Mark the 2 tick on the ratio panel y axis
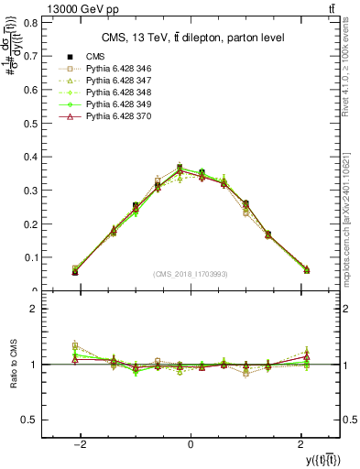click(x=36, y=310)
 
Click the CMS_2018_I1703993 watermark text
click(x=191, y=274)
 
